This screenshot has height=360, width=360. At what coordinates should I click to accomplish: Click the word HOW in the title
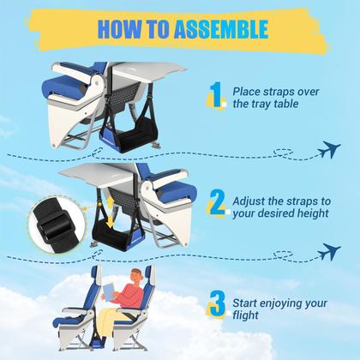point(116,28)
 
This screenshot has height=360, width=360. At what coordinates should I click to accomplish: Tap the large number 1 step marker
point(218,94)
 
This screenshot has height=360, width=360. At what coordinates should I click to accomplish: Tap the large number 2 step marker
point(218,203)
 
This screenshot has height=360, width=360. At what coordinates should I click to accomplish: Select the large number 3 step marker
point(218,305)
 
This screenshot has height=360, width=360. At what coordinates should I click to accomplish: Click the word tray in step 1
point(265,104)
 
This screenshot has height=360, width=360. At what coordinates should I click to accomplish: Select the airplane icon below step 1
point(328,151)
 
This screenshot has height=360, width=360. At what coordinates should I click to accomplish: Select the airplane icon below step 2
point(328,251)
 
